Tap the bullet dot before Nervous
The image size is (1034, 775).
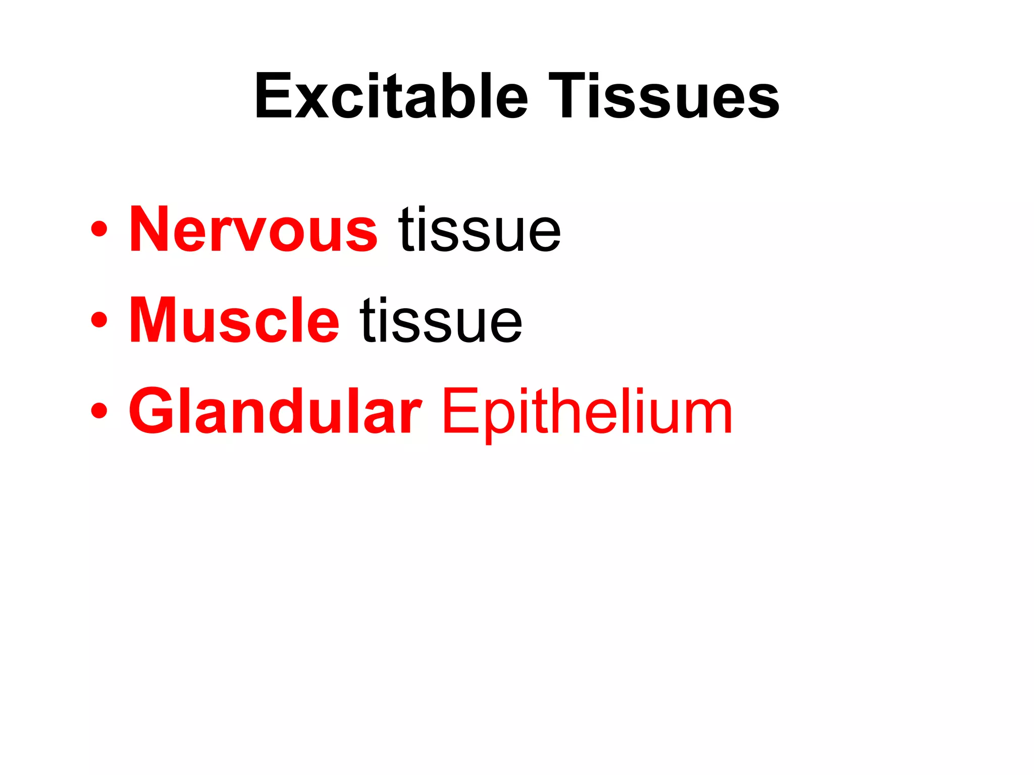click(x=99, y=230)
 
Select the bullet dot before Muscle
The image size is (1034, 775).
click(x=99, y=320)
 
